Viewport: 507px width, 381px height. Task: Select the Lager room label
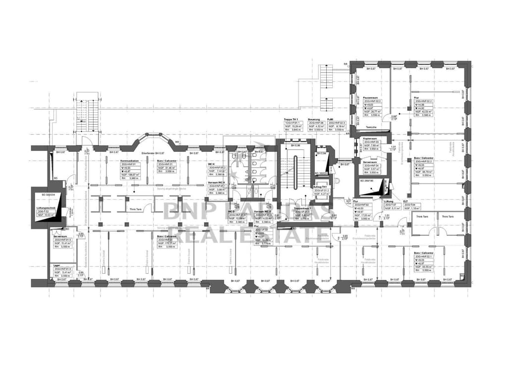56,265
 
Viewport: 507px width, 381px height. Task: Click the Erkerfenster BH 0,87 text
152,153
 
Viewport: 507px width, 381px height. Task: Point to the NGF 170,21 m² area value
166,243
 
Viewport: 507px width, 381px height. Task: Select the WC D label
231,211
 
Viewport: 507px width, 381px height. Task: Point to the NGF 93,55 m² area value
424,266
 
